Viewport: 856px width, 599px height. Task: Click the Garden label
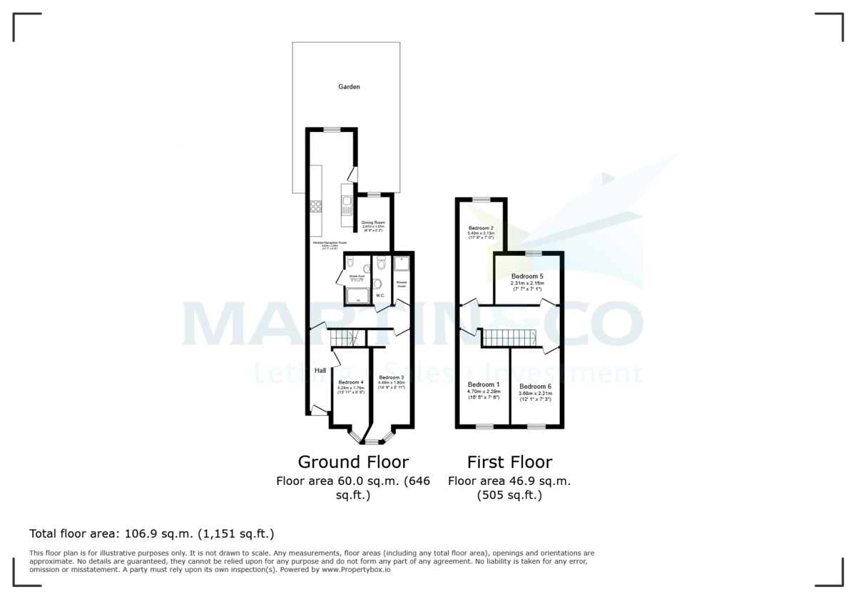[x=349, y=87]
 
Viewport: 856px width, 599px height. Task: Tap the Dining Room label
[x=373, y=222]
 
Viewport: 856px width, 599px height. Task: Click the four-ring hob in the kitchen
[x=315, y=207]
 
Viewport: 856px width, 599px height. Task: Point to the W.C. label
[x=380, y=295]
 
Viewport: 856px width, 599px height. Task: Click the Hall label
[x=320, y=370]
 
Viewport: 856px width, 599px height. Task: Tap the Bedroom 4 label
[x=351, y=382]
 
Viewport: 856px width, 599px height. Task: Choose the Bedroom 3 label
[x=392, y=377]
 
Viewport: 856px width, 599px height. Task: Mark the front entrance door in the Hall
[x=318, y=409]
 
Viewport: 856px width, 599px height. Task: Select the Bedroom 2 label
[x=481, y=228]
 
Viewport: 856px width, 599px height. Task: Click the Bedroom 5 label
[x=527, y=276]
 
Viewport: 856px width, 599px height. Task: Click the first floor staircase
[x=508, y=338]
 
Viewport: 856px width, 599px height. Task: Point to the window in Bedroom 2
[x=481, y=200]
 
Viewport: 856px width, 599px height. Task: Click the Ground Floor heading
[x=352, y=461]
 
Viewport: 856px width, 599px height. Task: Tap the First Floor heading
[x=509, y=461]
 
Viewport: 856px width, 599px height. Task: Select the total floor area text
[x=151, y=533]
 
